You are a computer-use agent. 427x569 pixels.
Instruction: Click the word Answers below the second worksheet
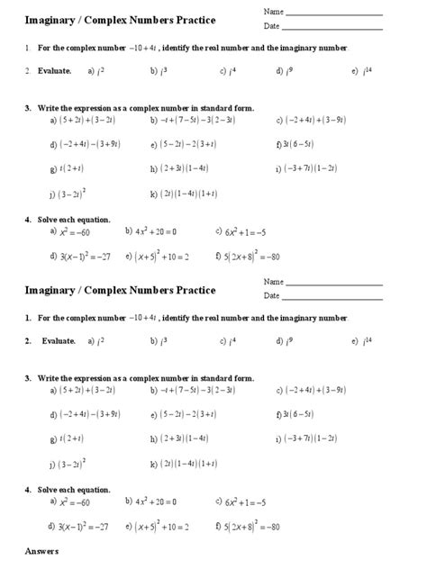click(x=41, y=549)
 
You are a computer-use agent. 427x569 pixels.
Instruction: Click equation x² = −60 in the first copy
click(x=73, y=232)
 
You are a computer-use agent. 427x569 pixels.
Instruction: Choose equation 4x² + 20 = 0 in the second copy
click(x=155, y=502)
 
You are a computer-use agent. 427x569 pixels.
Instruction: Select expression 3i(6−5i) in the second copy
click(x=298, y=414)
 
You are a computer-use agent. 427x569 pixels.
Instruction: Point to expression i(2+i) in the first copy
click(x=71, y=167)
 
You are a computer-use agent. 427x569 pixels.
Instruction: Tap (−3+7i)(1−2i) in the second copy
click(x=311, y=438)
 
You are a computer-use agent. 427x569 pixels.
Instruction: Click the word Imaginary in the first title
click(x=52, y=20)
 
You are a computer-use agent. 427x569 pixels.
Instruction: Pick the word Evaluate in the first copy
click(x=53, y=69)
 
